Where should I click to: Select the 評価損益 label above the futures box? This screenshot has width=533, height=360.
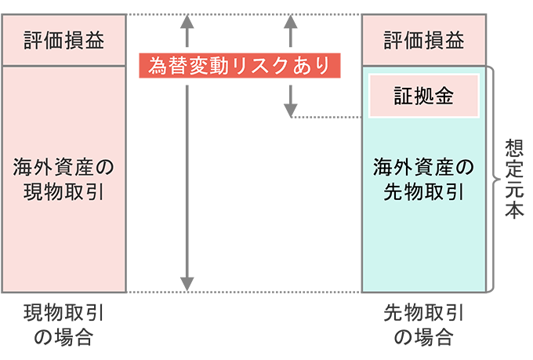423,40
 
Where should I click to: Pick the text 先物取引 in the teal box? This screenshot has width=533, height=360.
423,191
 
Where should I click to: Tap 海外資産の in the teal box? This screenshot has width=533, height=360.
423,166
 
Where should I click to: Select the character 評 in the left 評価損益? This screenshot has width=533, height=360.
31,40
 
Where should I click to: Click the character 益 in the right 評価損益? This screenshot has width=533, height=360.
457,40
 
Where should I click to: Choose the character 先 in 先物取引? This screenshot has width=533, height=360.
390,191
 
